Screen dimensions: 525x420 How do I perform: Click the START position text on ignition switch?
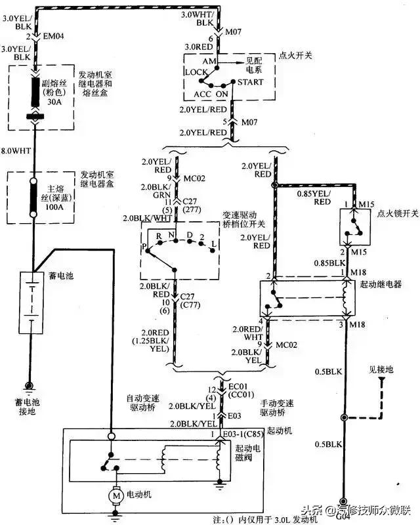251,82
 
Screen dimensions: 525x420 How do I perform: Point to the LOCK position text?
196,72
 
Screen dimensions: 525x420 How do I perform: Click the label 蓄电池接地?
29,406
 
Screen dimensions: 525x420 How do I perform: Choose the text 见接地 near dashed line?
381,370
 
